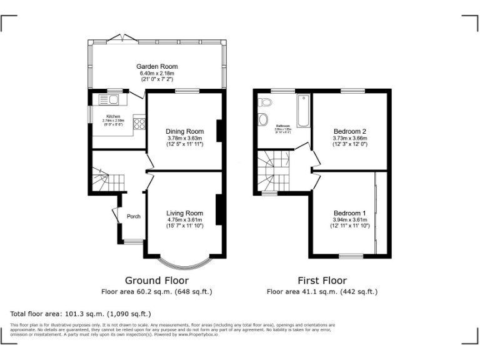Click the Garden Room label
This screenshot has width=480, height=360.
[157, 66]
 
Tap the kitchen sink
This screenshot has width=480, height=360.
[109, 99]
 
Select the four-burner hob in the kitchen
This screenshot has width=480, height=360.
[139, 123]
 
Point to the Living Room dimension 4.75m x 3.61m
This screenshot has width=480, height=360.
[185, 219]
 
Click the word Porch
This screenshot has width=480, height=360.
[133, 217]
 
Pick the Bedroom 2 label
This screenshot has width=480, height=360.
[349, 131]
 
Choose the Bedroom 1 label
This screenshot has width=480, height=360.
[349, 212]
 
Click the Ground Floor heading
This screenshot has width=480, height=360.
[157, 281]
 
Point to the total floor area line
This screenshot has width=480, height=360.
[81, 314]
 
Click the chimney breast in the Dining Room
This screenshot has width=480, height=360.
[219, 131]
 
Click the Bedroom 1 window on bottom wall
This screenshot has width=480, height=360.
[351, 256]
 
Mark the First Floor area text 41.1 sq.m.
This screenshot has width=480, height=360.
[322, 292]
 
